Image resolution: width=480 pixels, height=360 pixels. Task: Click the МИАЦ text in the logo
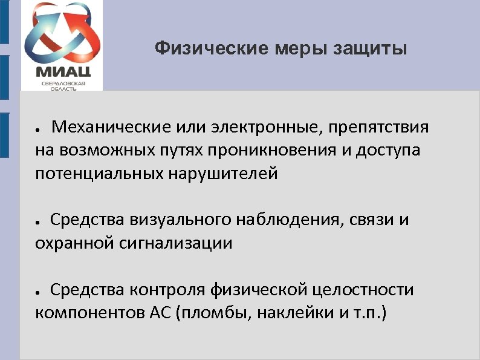(x=62, y=74)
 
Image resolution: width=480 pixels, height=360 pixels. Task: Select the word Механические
(x=111, y=128)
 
